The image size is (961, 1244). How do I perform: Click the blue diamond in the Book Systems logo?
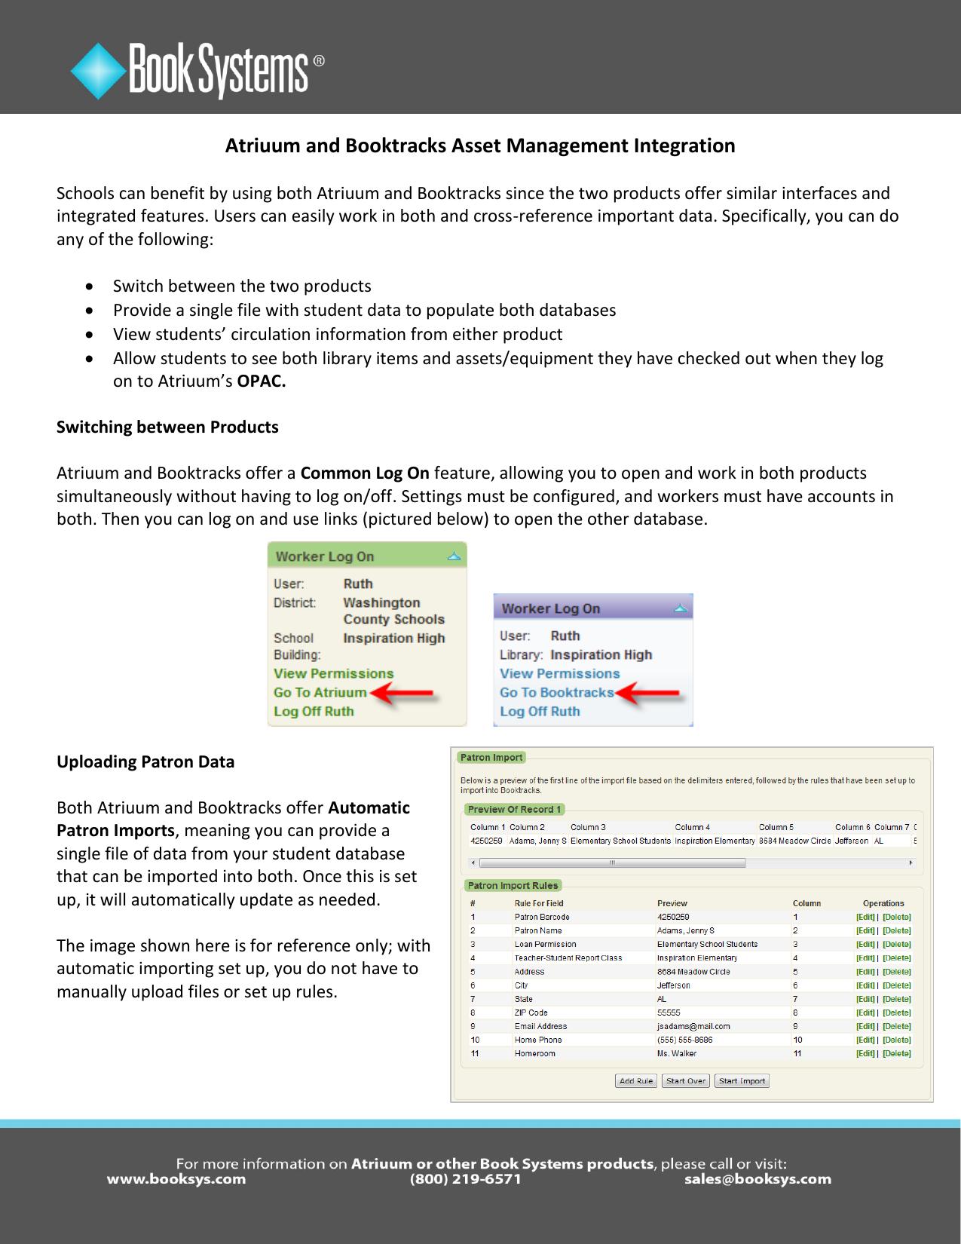coord(98,72)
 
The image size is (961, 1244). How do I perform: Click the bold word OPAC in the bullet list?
coord(261,381)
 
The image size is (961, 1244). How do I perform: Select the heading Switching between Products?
coord(167,427)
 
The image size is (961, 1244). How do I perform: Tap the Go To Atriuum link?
coord(320,692)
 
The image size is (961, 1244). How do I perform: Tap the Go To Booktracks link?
coord(556,692)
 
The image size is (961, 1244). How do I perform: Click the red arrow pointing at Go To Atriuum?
coord(403,694)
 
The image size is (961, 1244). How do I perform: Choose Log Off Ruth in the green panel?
coord(314,711)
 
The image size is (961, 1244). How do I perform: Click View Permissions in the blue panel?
coord(559,673)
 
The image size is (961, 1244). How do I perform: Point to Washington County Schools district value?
coord(393,611)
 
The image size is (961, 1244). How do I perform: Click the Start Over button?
coord(686,1081)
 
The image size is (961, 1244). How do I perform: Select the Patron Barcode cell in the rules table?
coord(542,918)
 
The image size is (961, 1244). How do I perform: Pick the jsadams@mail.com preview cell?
coord(693,1026)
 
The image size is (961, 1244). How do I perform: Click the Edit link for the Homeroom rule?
coord(865,1053)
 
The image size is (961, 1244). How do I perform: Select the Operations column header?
coord(883,903)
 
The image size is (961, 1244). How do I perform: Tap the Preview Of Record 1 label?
coord(514,810)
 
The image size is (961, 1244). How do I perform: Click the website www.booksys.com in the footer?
coord(176,1179)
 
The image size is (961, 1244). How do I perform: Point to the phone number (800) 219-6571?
coord(465,1179)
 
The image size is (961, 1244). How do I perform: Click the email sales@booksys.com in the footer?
coord(757,1179)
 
